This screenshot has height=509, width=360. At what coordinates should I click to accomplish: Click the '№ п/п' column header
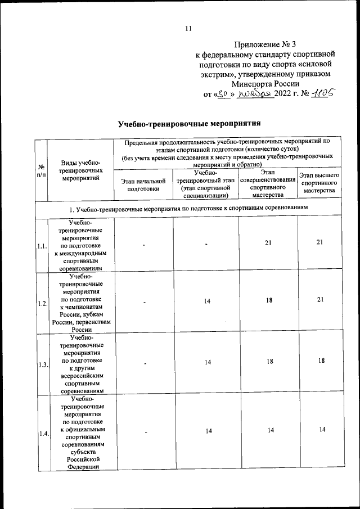41,170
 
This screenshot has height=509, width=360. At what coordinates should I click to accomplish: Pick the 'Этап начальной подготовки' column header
143,186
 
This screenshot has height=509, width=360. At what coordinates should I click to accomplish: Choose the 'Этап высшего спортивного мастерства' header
319,183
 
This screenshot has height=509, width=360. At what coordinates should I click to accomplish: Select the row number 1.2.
42,304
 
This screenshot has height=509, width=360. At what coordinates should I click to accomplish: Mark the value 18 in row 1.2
268,301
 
